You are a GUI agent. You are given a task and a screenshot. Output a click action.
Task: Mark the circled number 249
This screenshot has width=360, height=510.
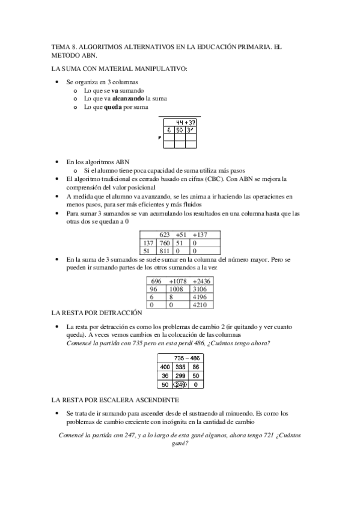181,384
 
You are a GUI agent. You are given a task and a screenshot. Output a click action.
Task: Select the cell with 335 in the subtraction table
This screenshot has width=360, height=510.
181,366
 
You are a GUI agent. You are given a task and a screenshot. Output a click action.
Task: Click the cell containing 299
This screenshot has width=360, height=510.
181,375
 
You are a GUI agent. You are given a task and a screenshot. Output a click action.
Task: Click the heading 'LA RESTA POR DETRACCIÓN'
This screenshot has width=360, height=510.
97,313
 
